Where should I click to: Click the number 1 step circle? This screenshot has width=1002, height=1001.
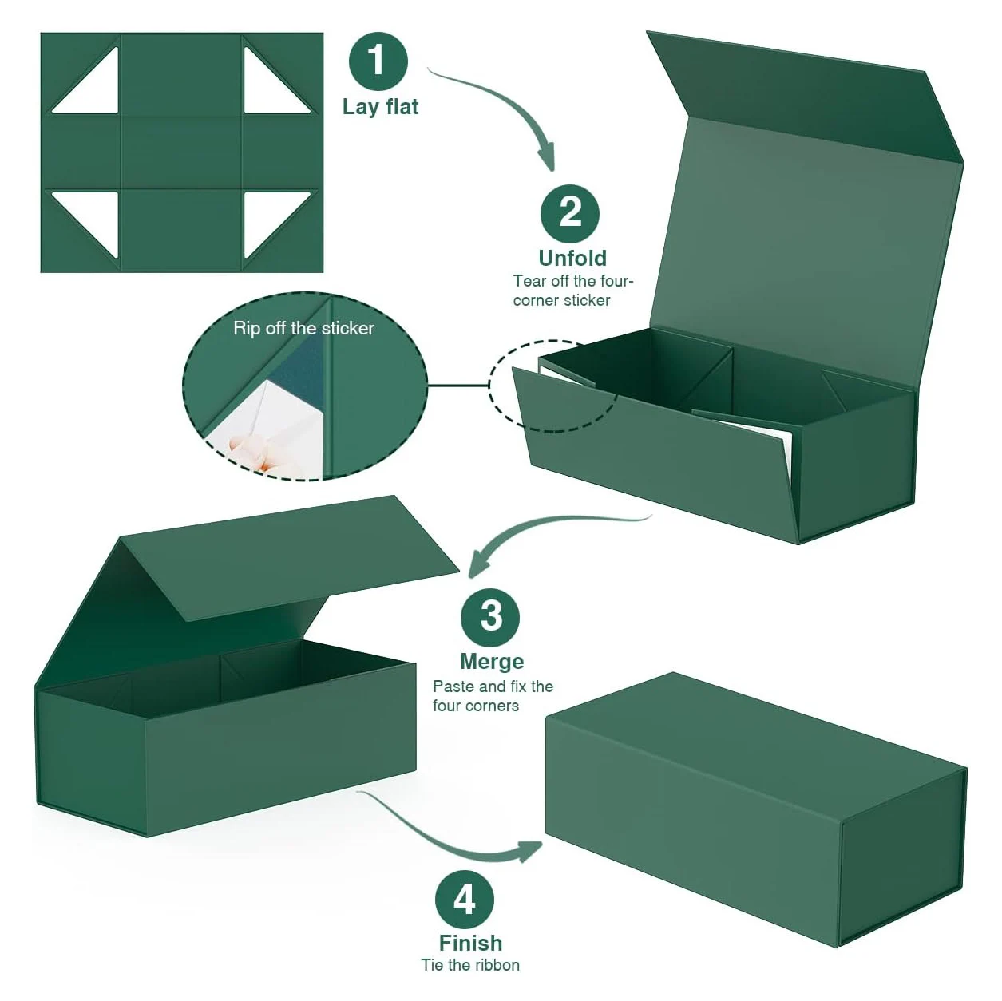(378, 61)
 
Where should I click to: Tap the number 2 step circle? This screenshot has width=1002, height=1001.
(570, 212)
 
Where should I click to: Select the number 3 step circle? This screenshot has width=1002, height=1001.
(490, 617)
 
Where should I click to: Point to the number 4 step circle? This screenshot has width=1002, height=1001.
(465, 900)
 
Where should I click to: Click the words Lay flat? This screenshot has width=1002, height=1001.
(380, 107)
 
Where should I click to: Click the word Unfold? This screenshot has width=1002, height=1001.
(572, 258)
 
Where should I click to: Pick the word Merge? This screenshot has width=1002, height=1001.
(492, 662)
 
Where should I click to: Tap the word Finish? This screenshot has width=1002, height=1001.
(470, 943)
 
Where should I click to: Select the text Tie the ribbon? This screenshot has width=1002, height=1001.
(470, 965)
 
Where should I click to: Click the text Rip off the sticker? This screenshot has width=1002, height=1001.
(303, 328)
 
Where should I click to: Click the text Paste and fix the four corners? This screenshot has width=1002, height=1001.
(493, 696)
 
